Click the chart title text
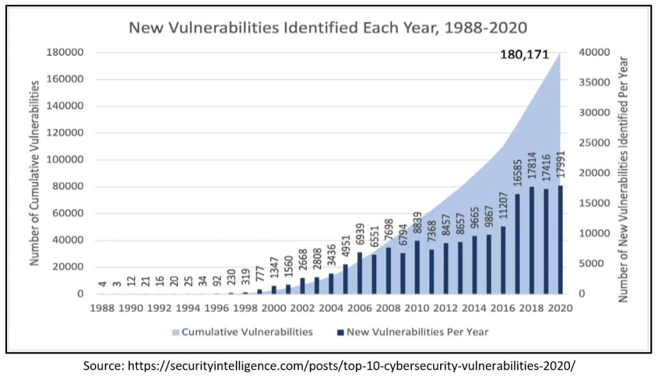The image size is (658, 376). (x=328, y=28)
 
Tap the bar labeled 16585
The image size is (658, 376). (x=517, y=244)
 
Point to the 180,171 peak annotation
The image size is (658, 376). (x=524, y=55)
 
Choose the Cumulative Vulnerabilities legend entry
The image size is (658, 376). (x=240, y=332)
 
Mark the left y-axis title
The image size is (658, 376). (x=35, y=173)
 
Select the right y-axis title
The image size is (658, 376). (x=623, y=180)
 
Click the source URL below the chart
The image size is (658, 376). (x=328, y=365)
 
